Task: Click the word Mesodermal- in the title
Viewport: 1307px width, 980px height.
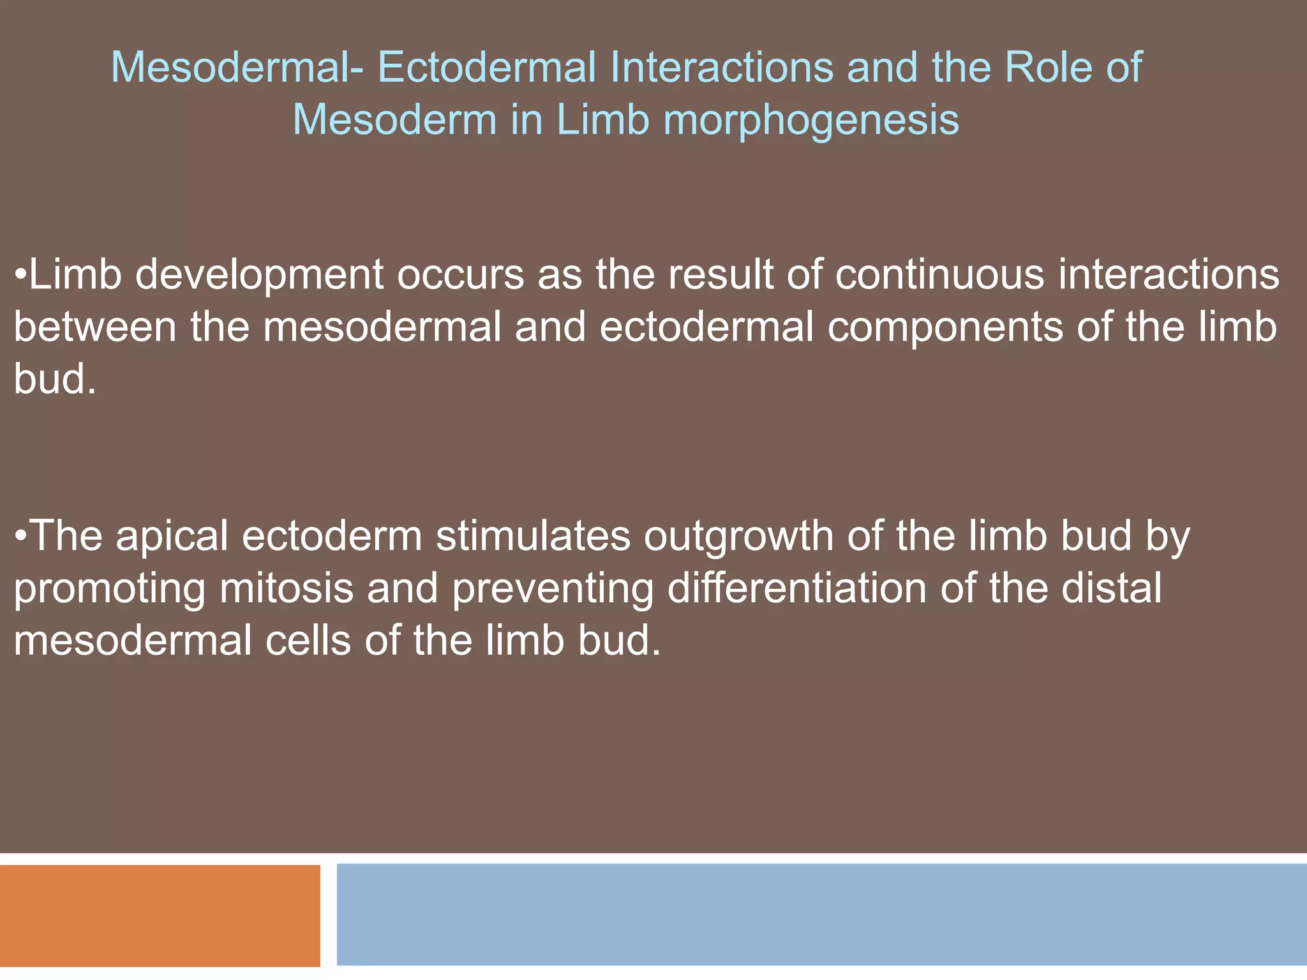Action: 237,67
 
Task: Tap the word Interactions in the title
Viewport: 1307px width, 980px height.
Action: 721,67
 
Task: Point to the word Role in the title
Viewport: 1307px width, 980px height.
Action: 1049,67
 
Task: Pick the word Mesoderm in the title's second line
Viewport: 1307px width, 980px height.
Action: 394,120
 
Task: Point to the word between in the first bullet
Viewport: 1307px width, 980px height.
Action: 95,327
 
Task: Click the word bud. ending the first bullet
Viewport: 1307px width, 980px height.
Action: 55,380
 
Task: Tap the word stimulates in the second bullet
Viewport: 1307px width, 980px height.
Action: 533,536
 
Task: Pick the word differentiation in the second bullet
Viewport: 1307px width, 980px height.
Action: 796,588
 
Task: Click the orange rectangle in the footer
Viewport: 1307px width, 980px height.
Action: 160,915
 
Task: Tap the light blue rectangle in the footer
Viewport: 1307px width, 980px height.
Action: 821,914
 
